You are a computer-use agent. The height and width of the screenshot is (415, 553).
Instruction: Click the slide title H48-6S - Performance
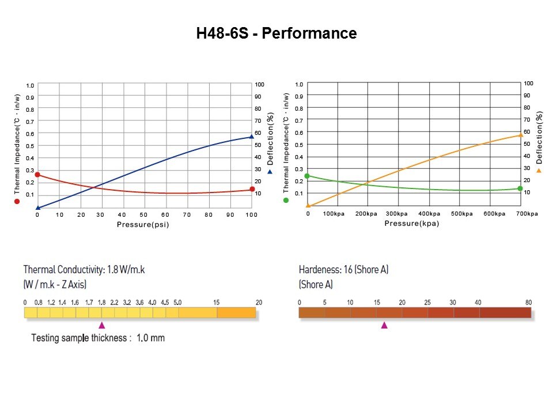tap(276, 33)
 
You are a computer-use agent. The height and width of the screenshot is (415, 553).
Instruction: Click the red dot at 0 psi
tap(37, 175)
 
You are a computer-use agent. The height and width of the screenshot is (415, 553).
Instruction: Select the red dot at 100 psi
tap(252, 190)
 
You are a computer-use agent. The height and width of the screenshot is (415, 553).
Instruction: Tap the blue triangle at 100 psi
tap(252, 137)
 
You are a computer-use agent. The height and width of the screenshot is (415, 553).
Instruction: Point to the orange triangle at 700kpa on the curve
tap(520, 135)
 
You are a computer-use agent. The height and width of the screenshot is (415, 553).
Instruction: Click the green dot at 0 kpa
tap(307, 176)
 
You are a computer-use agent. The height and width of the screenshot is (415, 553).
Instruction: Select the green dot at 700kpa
tap(520, 188)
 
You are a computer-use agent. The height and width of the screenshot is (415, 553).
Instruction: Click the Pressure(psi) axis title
tap(143, 224)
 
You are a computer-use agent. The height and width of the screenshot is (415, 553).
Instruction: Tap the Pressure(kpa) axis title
tap(412, 223)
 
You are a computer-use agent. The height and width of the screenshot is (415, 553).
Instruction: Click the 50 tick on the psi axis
tap(143, 214)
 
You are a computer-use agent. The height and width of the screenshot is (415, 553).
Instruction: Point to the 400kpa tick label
tap(429, 214)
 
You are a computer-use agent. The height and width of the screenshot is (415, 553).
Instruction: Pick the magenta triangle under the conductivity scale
tap(102, 325)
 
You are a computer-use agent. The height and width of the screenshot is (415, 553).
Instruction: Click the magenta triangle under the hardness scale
tap(384, 325)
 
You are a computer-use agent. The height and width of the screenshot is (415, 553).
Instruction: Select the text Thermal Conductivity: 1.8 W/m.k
tap(84, 270)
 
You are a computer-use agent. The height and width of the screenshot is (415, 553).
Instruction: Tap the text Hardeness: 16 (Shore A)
tap(343, 270)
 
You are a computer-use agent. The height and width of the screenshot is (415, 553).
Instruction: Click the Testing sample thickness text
tap(98, 338)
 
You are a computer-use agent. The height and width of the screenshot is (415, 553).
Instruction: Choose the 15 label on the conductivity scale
tap(217, 302)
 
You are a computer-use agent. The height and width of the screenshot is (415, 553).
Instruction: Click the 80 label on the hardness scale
tap(529, 302)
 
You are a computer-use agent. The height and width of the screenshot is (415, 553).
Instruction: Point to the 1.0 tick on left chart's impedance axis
tap(30, 85)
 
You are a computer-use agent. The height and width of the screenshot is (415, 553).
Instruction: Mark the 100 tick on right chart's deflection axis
tap(528, 84)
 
